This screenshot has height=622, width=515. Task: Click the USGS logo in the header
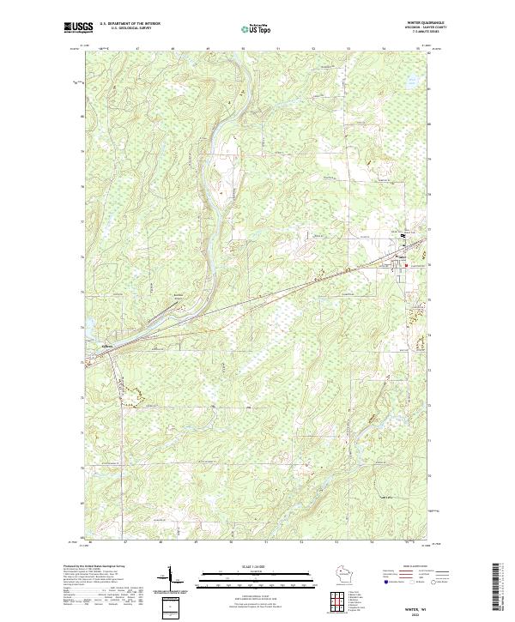point(78,28)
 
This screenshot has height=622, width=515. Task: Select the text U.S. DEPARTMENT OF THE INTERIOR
point(130,24)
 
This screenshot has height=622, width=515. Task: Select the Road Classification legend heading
point(402,566)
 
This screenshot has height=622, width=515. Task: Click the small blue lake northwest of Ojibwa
point(87,326)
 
